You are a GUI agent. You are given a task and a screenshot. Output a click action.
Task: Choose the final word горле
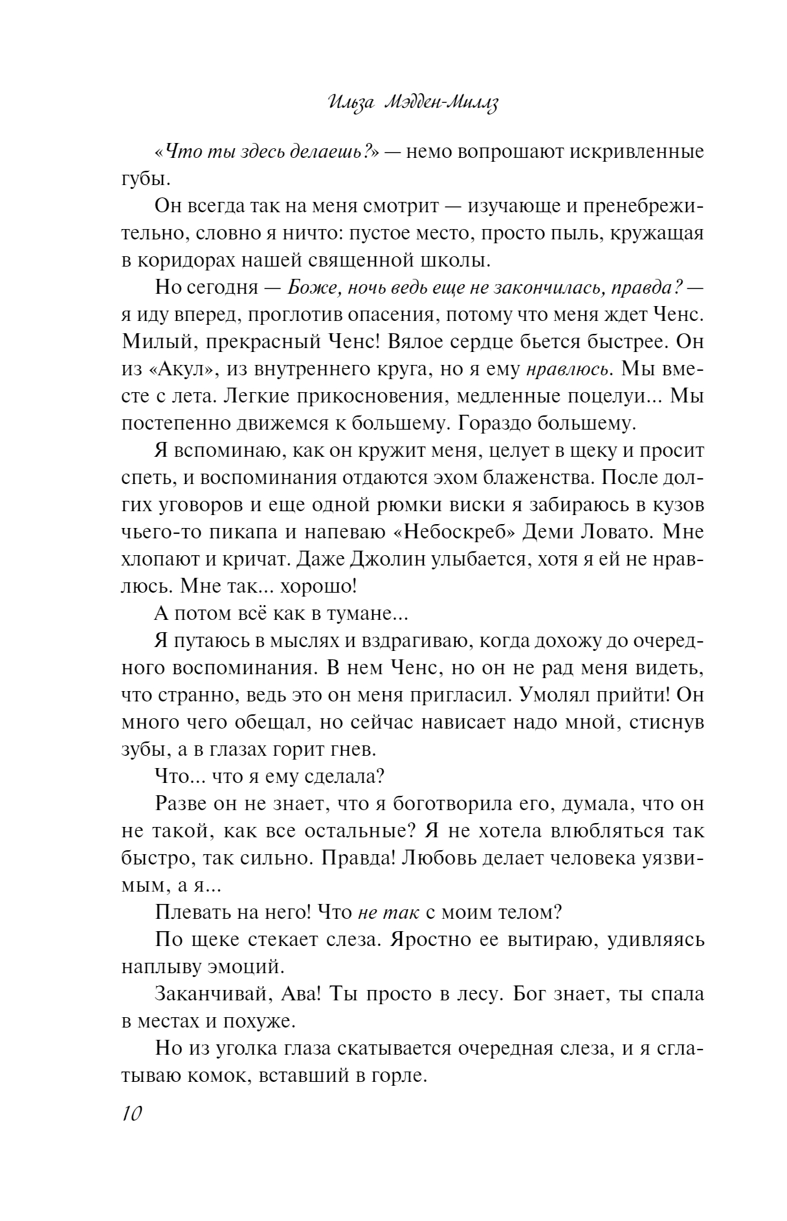pos(399,1076)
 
